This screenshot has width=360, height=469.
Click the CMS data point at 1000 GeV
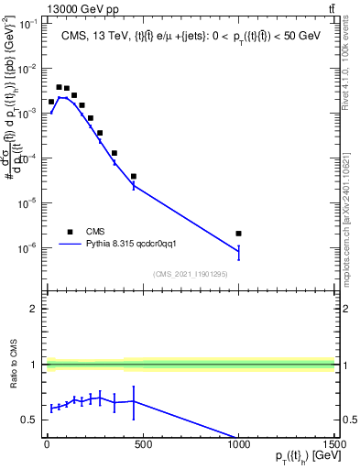point(238,234)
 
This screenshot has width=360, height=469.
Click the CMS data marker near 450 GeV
point(134,176)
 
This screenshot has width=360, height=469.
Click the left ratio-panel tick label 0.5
point(28,420)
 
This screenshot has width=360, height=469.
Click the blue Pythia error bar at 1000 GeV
point(238,251)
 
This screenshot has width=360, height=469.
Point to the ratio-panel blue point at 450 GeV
point(134,401)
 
